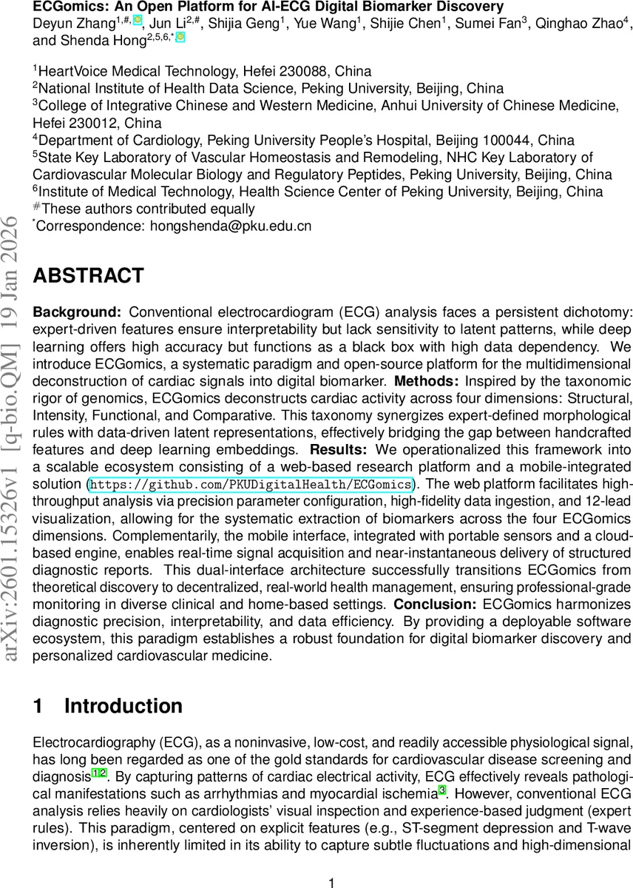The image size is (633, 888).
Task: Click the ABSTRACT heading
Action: tap(88, 276)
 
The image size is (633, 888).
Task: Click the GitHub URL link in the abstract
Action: tap(251, 485)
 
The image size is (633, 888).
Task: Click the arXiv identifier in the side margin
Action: tap(13, 444)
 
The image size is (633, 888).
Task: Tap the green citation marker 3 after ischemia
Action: tap(441, 790)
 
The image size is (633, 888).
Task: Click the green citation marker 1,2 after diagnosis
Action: tap(99, 773)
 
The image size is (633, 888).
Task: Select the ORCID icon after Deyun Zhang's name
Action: tap(137, 19)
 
